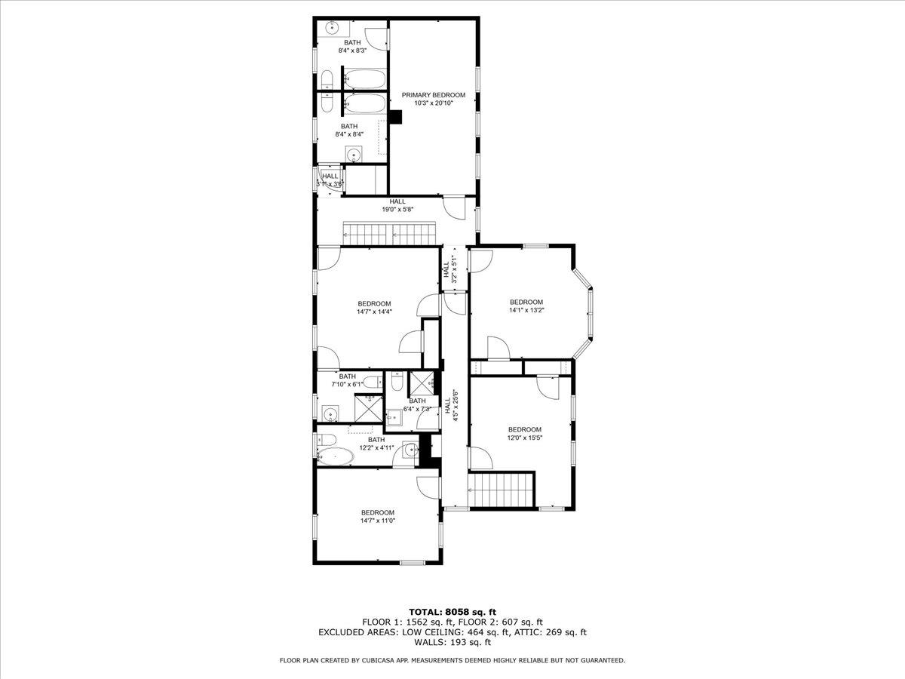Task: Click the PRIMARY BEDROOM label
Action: click(433, 95)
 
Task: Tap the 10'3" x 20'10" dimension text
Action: click(433, 103)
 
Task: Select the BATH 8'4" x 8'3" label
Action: click(352, 46)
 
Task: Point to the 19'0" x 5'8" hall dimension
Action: click(397, 210)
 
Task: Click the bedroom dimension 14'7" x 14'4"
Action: click(374, 312)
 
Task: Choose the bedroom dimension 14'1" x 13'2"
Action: click(526, 310)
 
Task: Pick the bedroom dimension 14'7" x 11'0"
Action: click(377, 521)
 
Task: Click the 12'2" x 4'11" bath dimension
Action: click(376, 447)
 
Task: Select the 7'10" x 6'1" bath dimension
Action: click(348, 384)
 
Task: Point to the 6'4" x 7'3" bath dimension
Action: click(417, 409)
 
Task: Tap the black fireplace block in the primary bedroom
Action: click(397, 117)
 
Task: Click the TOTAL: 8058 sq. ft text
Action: click(452, 612)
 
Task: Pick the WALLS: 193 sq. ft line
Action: click(452, 643)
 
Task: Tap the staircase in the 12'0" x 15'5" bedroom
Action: click(501, 490)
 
